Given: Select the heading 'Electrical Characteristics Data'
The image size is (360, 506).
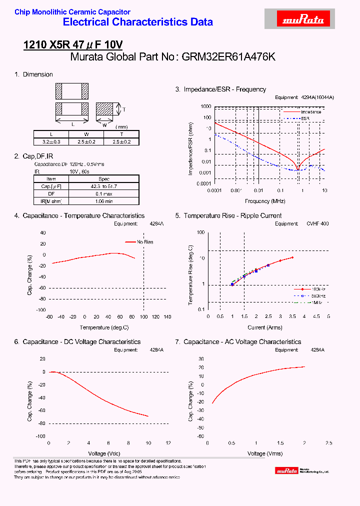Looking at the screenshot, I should pyautogui.click(x=138, y=22).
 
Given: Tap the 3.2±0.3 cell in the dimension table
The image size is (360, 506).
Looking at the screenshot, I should pyautogui.click(x=51, y=142).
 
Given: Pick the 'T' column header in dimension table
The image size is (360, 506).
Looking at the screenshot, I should pyautogui.click(x=121, y=134).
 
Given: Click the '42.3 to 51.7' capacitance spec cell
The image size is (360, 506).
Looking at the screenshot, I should pyautogui.click(x=104, y=186).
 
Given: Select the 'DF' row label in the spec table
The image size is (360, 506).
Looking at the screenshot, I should pyautogui.click(x=51, y=193).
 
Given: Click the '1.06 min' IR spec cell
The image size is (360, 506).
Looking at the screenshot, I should pyautogui.click(x=104, y=201).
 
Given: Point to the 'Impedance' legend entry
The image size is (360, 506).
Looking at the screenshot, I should pyautogui.click(x=311, y=112).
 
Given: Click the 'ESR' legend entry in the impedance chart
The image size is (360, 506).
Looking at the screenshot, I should pyautogui.click(x=305, y=118).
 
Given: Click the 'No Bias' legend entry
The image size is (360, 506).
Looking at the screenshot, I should pyautogui.click(x=145, y=242).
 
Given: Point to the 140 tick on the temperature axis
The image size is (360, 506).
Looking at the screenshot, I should pyautogui.click(x=167, y=317).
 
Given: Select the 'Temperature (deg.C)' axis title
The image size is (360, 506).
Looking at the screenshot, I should pyautogui.click(x=104, y=327).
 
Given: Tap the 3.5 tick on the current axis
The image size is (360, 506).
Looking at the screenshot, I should pyautogui.click(x=292, y=316).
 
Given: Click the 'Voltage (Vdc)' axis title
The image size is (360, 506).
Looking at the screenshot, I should pyautogui.click(x=104, y=453).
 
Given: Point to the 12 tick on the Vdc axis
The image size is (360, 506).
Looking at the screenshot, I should pyautogui.click(x=168, y=443).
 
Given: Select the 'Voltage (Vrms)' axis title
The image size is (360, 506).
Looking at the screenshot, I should pyautogui.click(x=265, y=453).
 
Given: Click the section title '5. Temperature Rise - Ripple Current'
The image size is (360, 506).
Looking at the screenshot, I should pyautogui.click(x=228, y=215).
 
